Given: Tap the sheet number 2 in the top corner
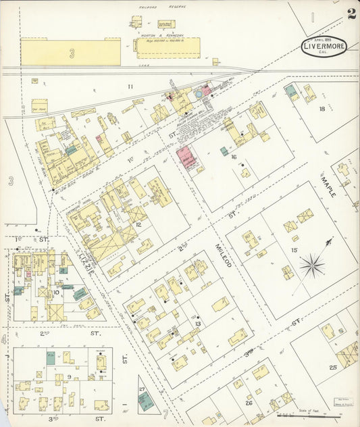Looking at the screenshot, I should [352, 14].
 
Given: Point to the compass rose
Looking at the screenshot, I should [313, 264].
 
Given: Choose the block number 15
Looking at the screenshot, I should [294, 250].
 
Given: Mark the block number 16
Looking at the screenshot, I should [234, 157].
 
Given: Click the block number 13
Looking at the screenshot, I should [198, 323].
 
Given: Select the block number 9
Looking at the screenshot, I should [70, 377].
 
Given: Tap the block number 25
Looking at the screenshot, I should [332, 367].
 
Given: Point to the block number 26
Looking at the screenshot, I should [249, 403].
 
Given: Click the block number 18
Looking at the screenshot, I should [322, 108].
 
